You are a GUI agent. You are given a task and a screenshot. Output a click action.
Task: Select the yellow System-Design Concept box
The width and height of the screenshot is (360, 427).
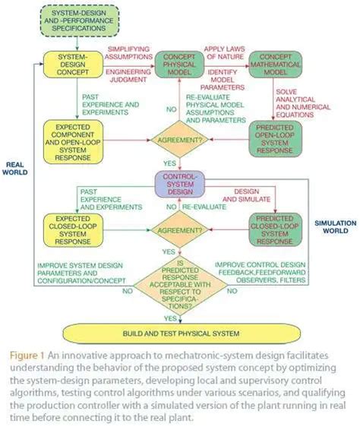pos(72,67)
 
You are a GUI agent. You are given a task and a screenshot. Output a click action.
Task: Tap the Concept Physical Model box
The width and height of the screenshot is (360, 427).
pos(180,66)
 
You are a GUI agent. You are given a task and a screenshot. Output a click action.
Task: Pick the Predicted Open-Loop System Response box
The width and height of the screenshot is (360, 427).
pos(280,137)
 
